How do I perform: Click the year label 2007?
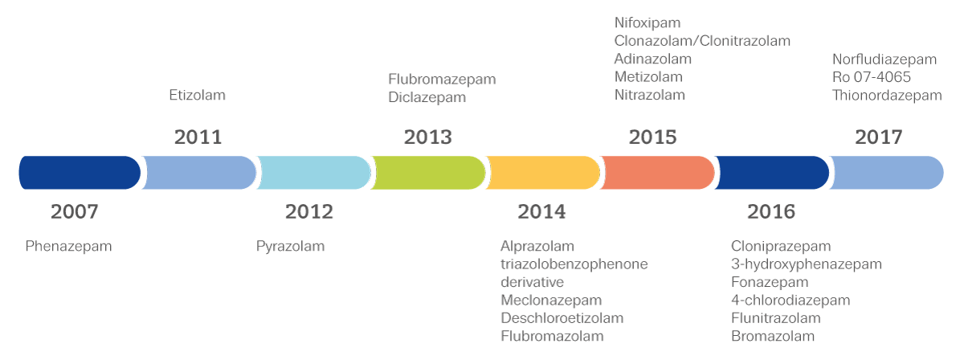[x=74, y=212]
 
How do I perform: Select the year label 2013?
[x=427, y=137]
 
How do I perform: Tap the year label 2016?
[x=770, y=212]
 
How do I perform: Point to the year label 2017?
[x=878, y=137]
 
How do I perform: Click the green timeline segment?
[x=427, y=173]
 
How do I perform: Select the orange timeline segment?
[x=657, y=173]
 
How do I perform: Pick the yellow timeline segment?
[x=543, y=173]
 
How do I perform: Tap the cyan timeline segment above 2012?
[x=313, y=173]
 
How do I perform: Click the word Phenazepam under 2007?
[x=68, y=247]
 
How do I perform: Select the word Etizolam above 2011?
[x=197, y=95]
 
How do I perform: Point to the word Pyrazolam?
[x=290, y=247]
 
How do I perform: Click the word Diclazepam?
[x=427, y=98]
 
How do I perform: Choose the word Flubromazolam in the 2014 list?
[x=552, y=337]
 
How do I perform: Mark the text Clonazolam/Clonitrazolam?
[x=702, y=41]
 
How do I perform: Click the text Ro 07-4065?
[x=872, y=77]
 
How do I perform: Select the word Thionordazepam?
[x=886, y=96]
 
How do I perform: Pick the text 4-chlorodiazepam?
[x=790, y=301]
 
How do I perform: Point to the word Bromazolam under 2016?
[x=772, y=337]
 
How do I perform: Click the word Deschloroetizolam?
[x=562, y=318]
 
